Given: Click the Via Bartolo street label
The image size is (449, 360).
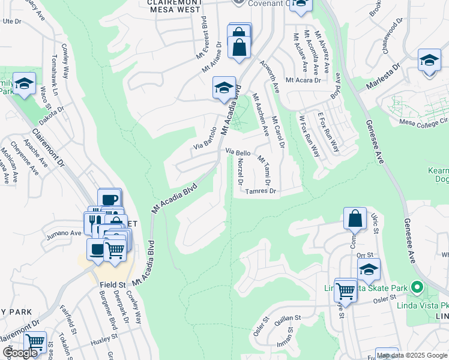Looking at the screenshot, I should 205,139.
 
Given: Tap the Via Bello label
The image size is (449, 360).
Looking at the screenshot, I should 238,153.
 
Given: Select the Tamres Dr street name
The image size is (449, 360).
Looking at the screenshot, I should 261,191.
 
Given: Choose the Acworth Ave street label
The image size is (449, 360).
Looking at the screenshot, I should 270,76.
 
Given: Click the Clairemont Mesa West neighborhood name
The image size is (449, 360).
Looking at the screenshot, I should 166,5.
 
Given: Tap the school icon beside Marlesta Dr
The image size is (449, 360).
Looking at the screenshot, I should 429,61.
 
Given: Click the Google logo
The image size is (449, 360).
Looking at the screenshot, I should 20,353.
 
